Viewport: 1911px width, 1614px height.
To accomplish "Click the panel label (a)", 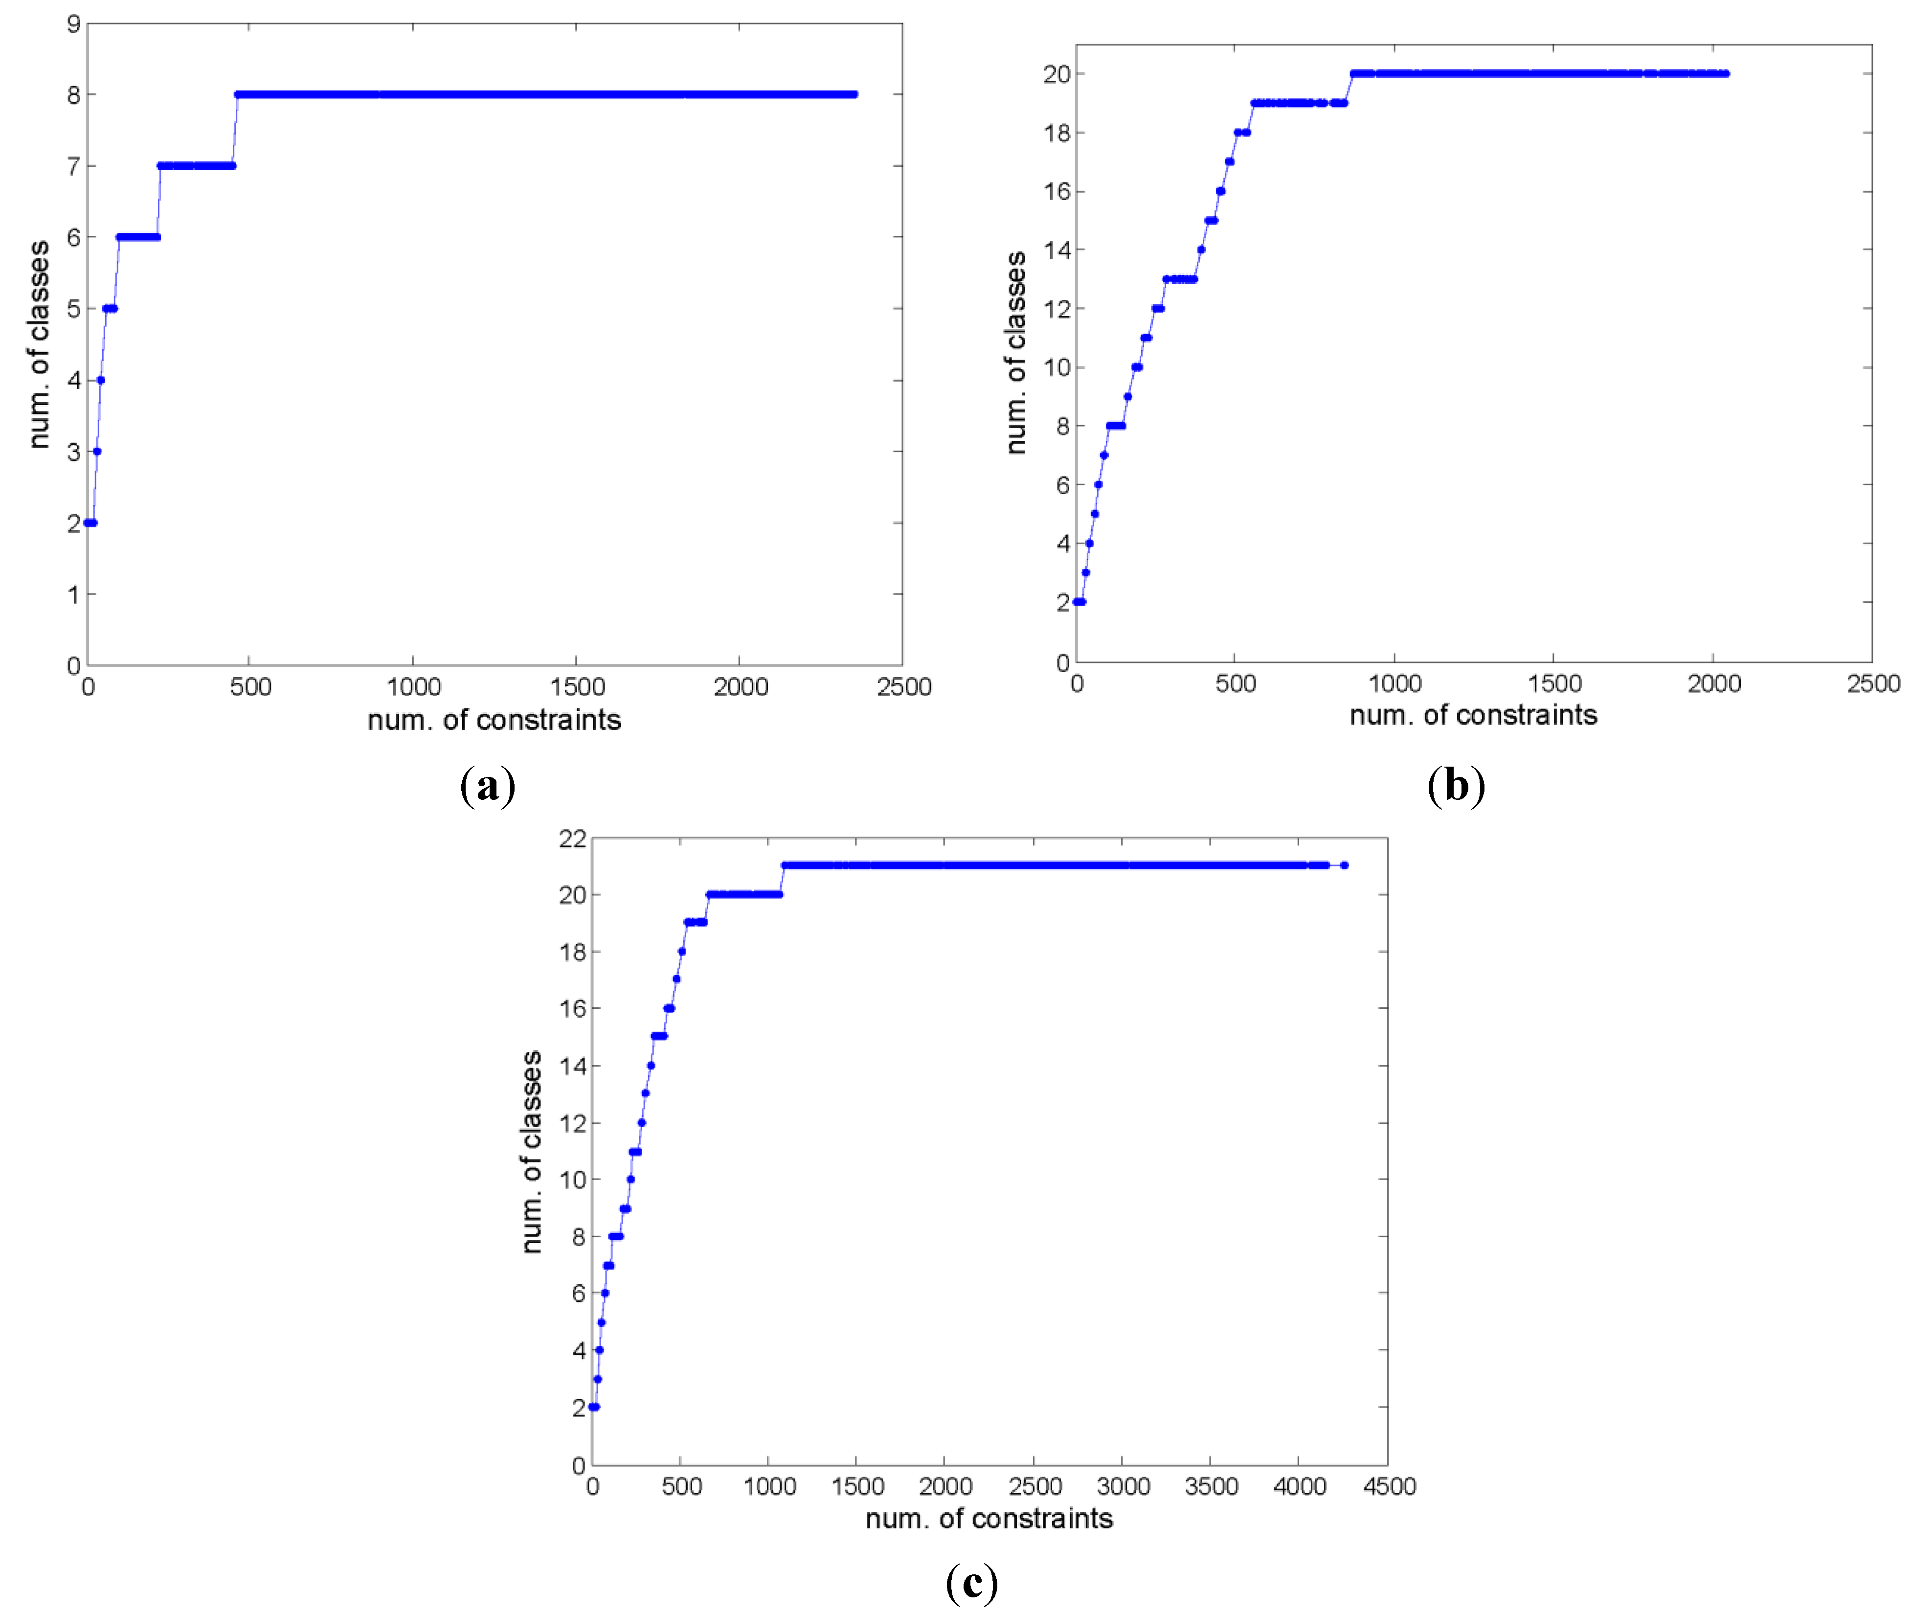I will tap(488, 786).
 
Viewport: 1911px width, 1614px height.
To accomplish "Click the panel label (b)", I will tap(1456, 785).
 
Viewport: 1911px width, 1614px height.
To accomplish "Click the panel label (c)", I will tap(971, 1582).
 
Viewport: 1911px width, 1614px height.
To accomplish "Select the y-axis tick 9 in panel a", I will tap(73, 24).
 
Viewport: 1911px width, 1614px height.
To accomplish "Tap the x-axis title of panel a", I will tap(494, 720).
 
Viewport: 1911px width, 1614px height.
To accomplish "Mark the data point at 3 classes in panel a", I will tap(97, 451).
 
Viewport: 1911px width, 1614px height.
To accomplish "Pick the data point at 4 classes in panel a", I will tap(101, 380).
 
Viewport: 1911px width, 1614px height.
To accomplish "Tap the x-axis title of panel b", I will tap(1473, 715).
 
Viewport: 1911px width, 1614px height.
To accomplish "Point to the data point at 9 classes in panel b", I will tap(1128, 396).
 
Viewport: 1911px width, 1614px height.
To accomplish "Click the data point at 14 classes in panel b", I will tap(1201, 250).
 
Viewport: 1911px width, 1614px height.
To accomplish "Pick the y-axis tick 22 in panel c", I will tap(573, 838).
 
